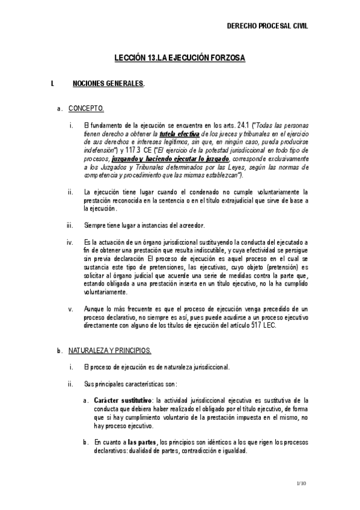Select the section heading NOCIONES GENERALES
pos(108,84)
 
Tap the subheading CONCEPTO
pos(86,108)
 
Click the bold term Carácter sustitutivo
pos(123,400)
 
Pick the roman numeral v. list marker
pos(71,309)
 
